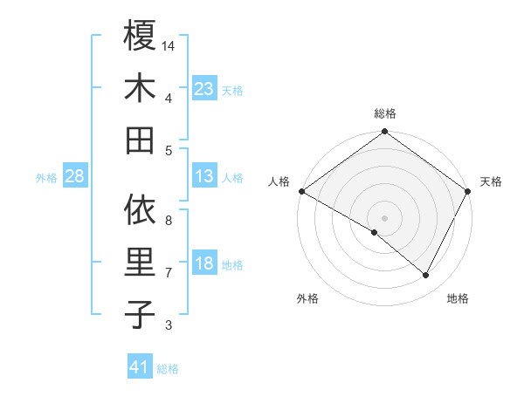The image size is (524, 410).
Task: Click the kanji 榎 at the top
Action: pos(140,36)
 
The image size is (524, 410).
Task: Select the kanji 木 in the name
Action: pos(140,88)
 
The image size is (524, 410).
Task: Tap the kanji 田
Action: pos(140,140)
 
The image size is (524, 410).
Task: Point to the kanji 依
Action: pos(140,209)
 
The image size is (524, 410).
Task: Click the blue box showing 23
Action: pos(204,88)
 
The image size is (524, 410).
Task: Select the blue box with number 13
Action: pos(204,177)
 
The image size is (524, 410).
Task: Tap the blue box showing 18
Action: pos(204,264)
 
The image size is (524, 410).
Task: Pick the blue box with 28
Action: pos(75,177)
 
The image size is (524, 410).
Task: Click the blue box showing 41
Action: pos(140,368)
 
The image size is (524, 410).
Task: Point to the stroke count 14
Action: pos(169,45)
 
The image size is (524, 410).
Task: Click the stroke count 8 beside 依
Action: pos(169,221)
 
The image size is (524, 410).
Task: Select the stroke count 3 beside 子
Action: pos(169,325)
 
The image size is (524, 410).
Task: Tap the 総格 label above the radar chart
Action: pos(385,113)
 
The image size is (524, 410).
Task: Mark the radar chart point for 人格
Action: pos(301,191)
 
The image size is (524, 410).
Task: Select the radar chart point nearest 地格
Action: pos(426,276)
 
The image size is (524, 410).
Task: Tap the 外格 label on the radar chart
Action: pos(307,299)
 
